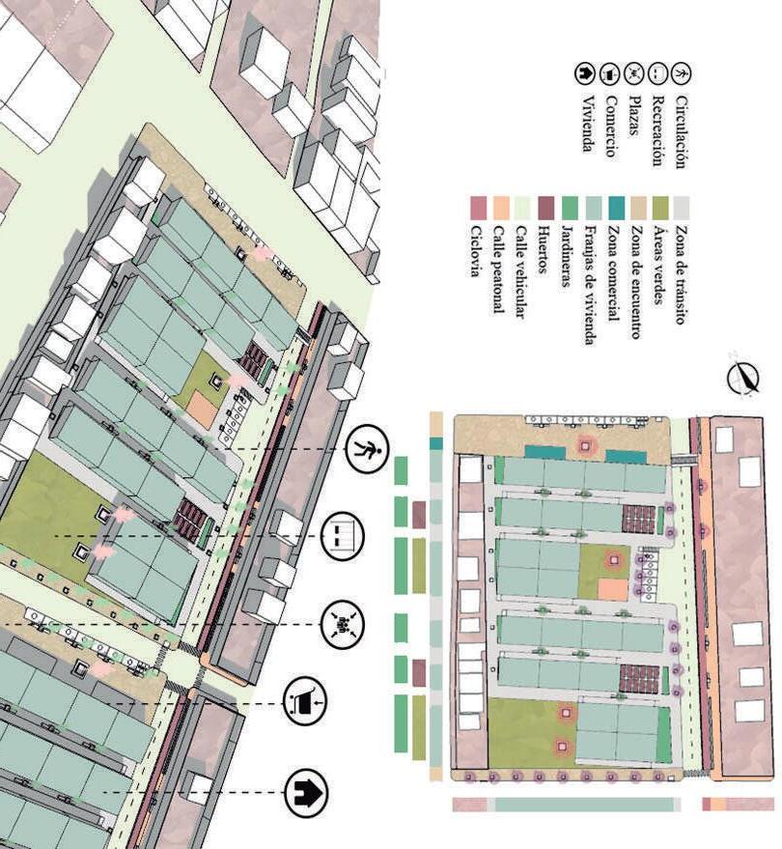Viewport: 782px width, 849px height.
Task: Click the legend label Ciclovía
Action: [x=475, y=250]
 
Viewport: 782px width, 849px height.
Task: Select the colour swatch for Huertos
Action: [x=545, y=208]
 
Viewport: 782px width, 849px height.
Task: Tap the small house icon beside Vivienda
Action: [x=586, y=73]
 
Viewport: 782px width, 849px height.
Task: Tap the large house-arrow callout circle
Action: [x=307, y=794]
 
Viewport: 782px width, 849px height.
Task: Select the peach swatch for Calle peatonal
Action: [x=499, y=208]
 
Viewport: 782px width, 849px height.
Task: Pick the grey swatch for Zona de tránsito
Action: [x=682, y=208]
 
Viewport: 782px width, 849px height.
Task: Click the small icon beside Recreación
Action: [x=657, y=73]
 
